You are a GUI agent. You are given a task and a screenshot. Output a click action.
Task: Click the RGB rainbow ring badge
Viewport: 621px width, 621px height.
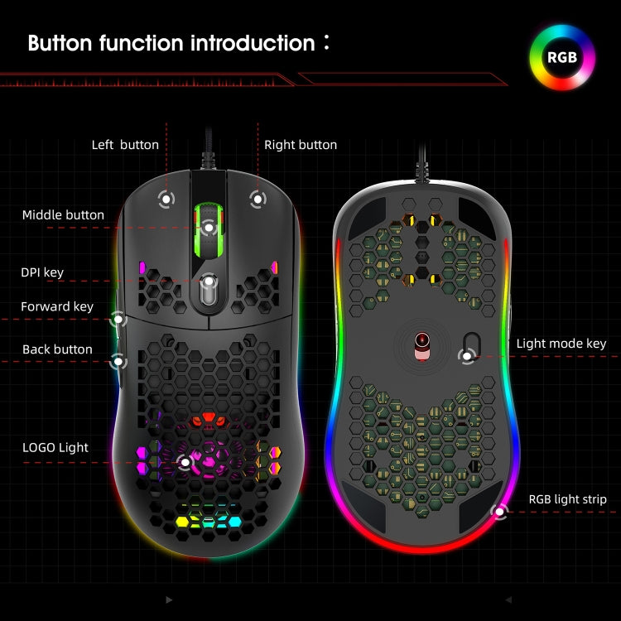pos(562,58)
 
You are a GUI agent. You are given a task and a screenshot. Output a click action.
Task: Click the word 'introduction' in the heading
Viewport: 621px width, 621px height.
pos(241,43)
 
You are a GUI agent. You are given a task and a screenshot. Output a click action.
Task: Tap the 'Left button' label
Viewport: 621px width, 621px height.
pos(125,145)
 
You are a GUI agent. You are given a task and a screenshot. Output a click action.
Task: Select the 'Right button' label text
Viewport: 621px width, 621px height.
pos(301,145)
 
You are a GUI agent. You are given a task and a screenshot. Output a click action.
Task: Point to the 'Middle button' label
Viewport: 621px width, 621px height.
pos(63,215)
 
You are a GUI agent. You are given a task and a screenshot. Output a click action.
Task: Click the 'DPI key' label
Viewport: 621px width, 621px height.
pos(42,272)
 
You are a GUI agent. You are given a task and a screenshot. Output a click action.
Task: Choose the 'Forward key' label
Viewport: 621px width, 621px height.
pos(57,307)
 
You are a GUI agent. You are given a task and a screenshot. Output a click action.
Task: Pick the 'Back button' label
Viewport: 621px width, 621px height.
pos(57,349)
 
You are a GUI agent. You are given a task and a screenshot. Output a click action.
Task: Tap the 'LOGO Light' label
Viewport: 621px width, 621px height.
pos(55,448)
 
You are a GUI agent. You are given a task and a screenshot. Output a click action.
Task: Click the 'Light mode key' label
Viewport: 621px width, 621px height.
pos(561,344)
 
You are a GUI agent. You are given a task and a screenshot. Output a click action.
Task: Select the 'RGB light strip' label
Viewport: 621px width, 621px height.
pos(568,499)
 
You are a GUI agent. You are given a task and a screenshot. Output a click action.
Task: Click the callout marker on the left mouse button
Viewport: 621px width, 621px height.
pos(166,198)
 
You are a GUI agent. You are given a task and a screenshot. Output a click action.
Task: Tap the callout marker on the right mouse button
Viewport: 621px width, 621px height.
pos(258,198)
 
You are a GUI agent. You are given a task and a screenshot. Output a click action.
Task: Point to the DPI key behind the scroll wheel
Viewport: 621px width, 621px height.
pos(209,283)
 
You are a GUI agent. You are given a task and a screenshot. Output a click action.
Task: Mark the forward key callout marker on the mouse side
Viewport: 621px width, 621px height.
pos(119,318)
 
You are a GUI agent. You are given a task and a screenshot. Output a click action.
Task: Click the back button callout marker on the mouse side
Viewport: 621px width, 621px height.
pos(119,360)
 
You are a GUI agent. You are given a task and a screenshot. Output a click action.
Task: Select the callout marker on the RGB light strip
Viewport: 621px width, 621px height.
pos(499,512)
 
